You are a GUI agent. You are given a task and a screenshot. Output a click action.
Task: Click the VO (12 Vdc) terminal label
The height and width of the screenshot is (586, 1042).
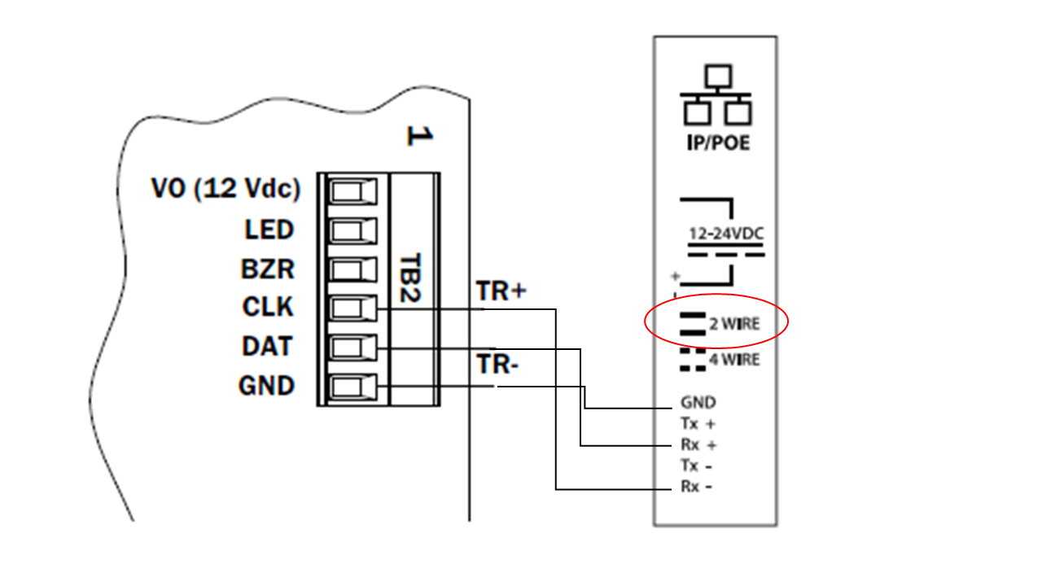(x=225, y=190)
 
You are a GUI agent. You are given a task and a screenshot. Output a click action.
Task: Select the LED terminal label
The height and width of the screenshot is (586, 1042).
(x=269, y=230)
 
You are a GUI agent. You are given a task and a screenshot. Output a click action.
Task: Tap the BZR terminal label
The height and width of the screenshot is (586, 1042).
(x=268, y=269)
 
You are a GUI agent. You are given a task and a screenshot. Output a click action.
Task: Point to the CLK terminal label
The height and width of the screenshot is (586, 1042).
(x=268, y=308)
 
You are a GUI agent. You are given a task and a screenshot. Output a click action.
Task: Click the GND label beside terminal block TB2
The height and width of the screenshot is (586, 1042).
(x=266, y=385)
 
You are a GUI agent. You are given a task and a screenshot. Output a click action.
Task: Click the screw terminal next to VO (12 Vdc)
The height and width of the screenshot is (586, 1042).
(x=352, y=192)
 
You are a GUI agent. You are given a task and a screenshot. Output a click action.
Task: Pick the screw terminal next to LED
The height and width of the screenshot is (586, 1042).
(x=352, y=231)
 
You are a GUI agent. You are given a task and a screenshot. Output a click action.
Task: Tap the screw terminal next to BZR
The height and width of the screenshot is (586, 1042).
(x=352, y=270)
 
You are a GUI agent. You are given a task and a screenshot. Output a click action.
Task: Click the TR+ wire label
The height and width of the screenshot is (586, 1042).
(x=502, y=291)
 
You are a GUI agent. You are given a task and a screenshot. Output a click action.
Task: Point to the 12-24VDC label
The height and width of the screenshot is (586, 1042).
(x=726, y=234)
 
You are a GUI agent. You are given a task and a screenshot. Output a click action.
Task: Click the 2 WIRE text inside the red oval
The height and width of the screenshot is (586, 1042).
(x=734, y=324)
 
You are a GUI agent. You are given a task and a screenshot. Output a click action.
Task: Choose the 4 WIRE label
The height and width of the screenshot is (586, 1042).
(x=734, y=360)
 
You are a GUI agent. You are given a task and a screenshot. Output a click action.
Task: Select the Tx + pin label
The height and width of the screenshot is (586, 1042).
(x=698, y=424)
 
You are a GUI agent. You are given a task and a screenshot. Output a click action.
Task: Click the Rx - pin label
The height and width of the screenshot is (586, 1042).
(x=698, y=488)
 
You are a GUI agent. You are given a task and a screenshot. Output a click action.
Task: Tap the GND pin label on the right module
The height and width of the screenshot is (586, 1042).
(x=698, y=403)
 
